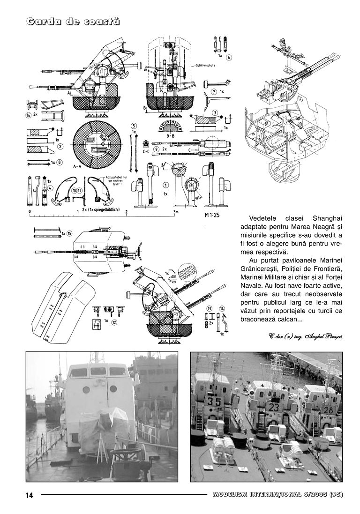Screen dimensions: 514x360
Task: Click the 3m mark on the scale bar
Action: point(175,212)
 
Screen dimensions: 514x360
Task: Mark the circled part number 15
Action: point(69,233)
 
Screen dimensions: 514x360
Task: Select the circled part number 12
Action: point(114,322)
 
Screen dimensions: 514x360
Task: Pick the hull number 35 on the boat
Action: point(214,401)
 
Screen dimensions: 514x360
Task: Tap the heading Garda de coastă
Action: point(73,22)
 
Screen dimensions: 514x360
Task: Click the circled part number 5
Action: point(134,126)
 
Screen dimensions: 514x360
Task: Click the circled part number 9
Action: point(156,149)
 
